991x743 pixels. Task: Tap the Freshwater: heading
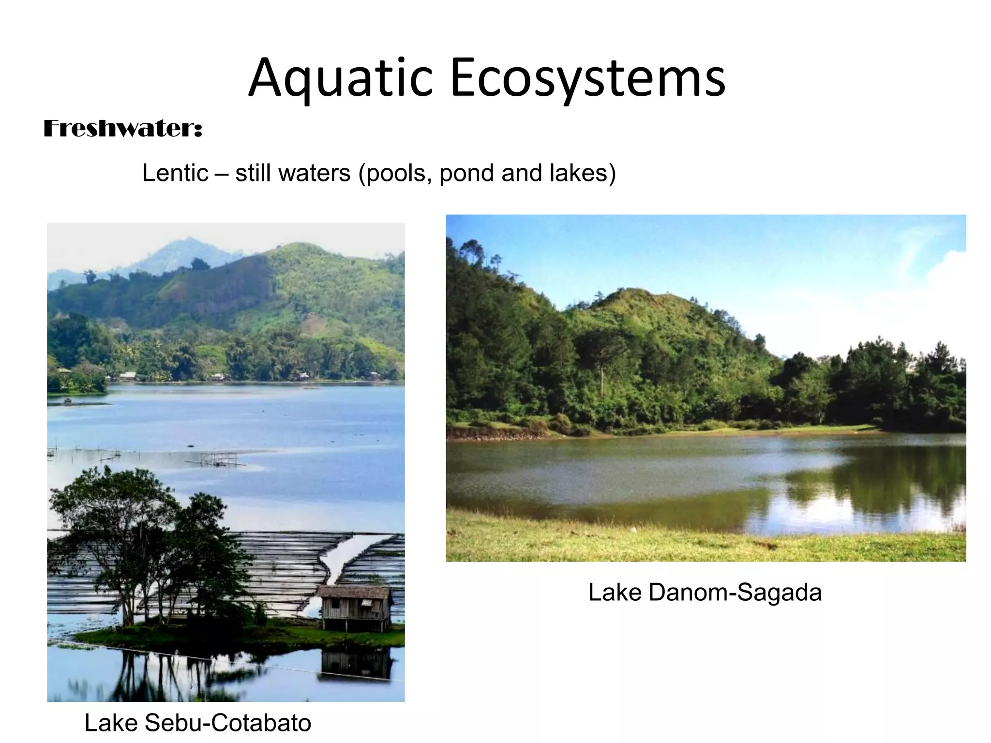pyautogui.click(x=123, y=129)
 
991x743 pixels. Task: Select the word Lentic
pyautogui.click(x=175, y=173)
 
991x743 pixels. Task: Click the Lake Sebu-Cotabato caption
pyautogui.click(x=197, y=723)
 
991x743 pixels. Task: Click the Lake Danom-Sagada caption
pyautogui.click(x=705, y=592)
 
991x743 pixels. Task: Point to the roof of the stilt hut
pyautogui.click(x=355, y=592)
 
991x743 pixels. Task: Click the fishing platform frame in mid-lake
pyautogui.click(x=220, y=458)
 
